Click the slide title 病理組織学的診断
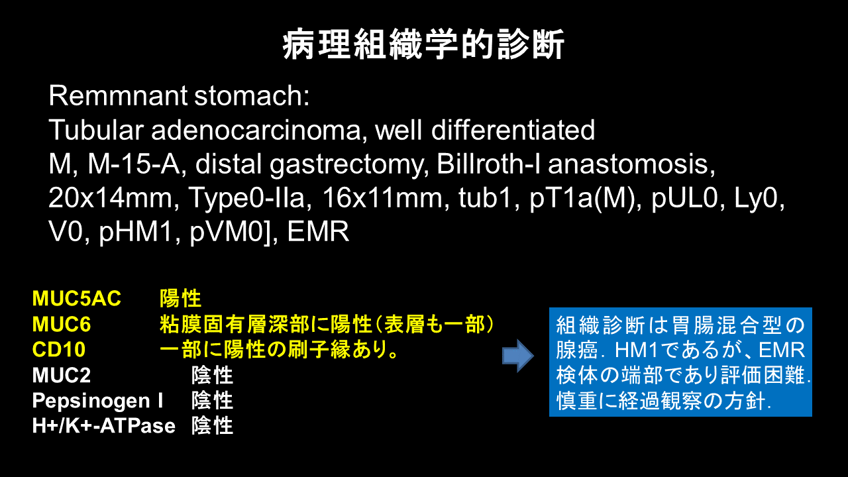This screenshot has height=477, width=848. tap(423, 44)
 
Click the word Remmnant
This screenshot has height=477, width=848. tap(118, 95)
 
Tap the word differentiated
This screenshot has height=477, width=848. tap(513, 130)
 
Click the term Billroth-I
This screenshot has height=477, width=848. tap(488, 164)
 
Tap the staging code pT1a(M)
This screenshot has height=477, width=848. tap(585, 198)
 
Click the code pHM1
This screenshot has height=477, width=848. tap(139, 232)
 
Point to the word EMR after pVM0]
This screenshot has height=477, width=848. tap(318, 232)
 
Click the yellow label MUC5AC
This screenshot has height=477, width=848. tap(77, 298)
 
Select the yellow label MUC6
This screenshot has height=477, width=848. tap(62, 325)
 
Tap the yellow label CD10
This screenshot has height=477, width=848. tap(59, 349)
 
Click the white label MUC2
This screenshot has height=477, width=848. tap(62, 375)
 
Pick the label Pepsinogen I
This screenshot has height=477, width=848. tap(97, 401)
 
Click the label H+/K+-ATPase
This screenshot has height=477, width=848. tap(104, 426)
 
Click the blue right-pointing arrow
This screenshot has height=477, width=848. tap(518, 356)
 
